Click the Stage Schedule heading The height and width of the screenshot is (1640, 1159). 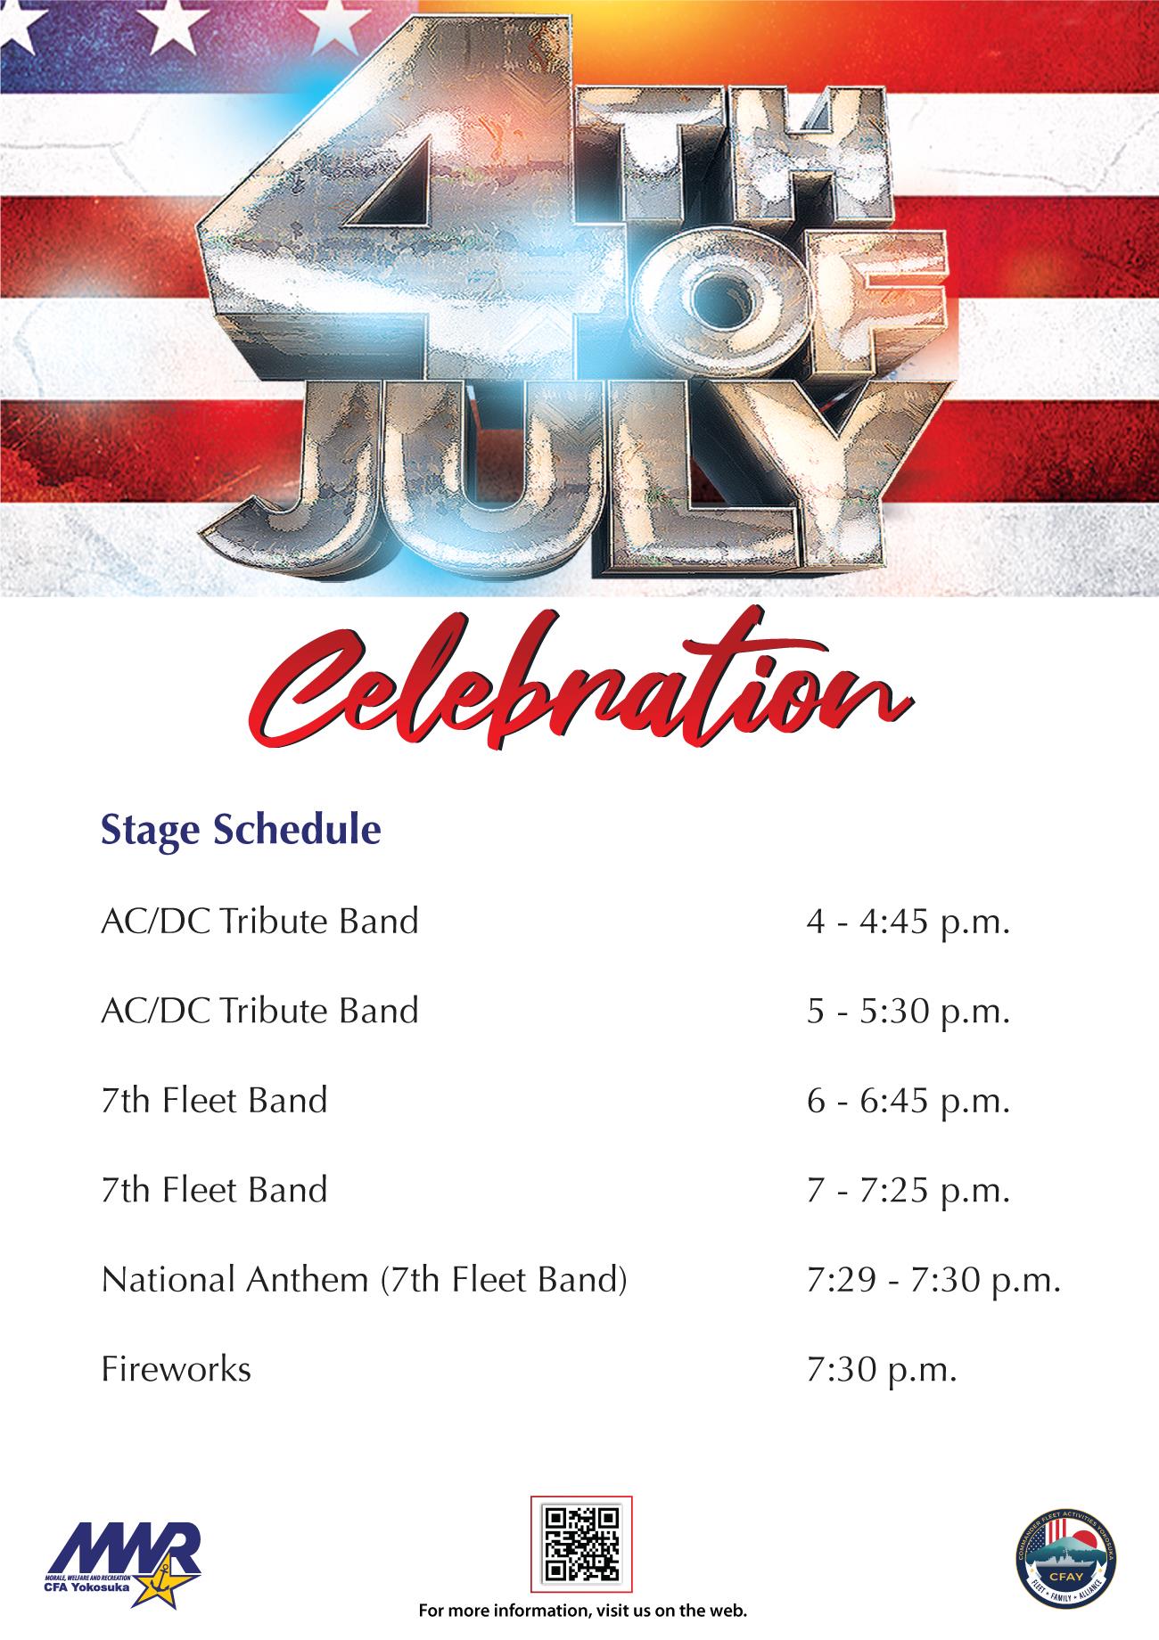(241, 830)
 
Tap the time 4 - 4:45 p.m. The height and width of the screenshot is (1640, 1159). (908, 922)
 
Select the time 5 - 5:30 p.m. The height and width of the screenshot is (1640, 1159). (908, 1012)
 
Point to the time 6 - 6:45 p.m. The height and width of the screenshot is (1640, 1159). (908, 1102)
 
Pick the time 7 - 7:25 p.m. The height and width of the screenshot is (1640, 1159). (908, 1191)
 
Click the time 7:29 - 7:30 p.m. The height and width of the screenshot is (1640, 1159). (933, 1281)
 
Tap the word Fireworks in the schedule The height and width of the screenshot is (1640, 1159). (176, 1368)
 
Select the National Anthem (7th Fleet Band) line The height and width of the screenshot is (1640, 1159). (365, 1280)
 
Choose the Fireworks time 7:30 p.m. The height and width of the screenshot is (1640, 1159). (881, 1370)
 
